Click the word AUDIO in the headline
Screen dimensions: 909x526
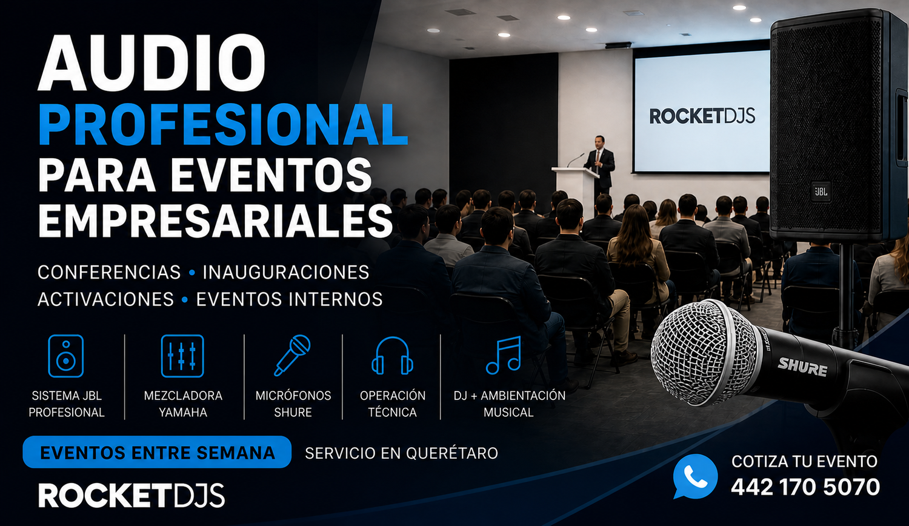click(x=151, y=63)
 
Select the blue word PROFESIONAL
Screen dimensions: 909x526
click(x=223, y=125)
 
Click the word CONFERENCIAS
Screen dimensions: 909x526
click(x=109, y=272)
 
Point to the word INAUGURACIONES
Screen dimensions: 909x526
click(x=286, y=272)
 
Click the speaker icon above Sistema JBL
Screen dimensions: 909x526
click(x=65, y=356)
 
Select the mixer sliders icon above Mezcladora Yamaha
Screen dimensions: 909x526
click(x=182, y=356)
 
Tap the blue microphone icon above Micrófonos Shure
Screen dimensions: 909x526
click(x=292, y=355)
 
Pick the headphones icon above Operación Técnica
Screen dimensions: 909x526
click(x=393, y=356)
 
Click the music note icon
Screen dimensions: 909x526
click(x=504, y=355)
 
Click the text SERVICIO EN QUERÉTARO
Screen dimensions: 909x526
click(x=401, y=453)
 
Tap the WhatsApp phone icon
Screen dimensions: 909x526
click(x=695, y=476)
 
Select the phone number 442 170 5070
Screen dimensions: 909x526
click(x=805, y=487)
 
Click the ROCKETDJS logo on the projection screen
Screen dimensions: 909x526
click(x=702, y=116)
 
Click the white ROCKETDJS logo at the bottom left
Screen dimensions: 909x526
click(x=132, y=496)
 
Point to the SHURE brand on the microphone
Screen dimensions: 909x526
click(x=802, y=367)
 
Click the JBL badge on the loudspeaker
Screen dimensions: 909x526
click(x=821, y=191)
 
